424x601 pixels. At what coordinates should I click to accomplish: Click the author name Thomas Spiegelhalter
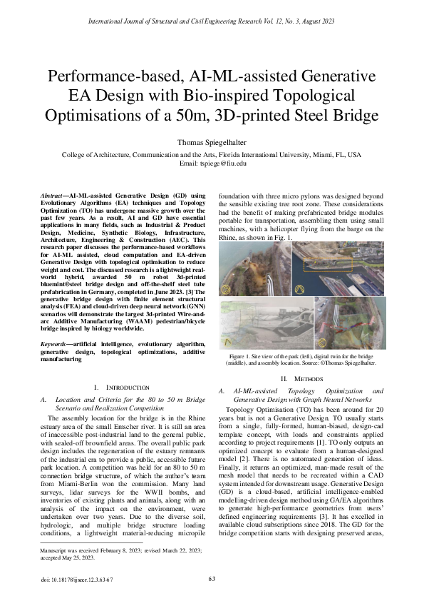(212, 142)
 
